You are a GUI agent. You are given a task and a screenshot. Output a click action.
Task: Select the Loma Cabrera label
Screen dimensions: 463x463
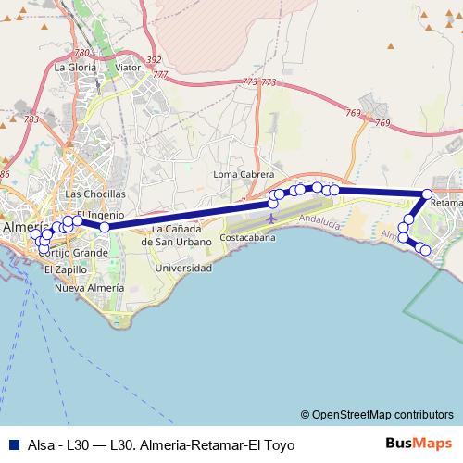click(x=244, y=174)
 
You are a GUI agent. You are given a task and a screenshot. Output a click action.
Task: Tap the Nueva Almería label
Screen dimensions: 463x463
click(x=89, y=288)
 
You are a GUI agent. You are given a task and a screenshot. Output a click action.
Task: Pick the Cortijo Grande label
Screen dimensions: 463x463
click(x=74, y=252)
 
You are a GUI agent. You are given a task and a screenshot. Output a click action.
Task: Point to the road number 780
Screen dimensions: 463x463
click(x=82, y=54)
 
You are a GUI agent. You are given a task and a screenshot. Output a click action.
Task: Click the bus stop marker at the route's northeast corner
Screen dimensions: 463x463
click(x=427, y=194)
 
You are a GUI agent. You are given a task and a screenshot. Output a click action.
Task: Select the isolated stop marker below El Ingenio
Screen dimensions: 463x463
click(x=105, y=227)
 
